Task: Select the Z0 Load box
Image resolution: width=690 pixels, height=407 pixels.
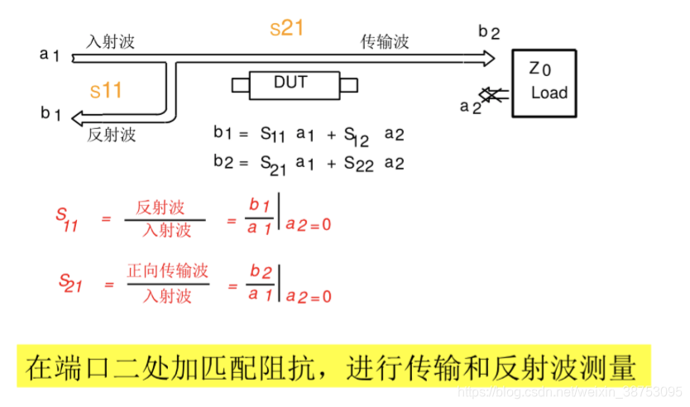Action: [x=544, y=83]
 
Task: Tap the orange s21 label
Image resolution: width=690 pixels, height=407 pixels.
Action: [x=287, y=28]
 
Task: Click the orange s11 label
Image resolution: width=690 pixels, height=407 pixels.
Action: [x=106, y=90]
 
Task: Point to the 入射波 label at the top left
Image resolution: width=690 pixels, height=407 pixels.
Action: [x=110, y=41]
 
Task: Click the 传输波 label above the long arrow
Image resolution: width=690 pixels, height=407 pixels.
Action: [x=385, y=41]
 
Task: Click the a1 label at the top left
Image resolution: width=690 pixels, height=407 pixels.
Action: [x=50, y=55]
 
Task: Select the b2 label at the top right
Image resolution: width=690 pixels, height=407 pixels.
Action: [x=489, y=32]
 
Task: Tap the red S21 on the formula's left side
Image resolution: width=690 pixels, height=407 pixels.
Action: [x=70, y=283]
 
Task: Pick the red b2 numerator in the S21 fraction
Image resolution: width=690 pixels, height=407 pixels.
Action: [x=260, y=273]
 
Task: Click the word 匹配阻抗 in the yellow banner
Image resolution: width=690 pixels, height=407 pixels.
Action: [x=283, y=366]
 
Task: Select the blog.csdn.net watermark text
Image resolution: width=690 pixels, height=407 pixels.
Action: [x=571, y=390]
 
